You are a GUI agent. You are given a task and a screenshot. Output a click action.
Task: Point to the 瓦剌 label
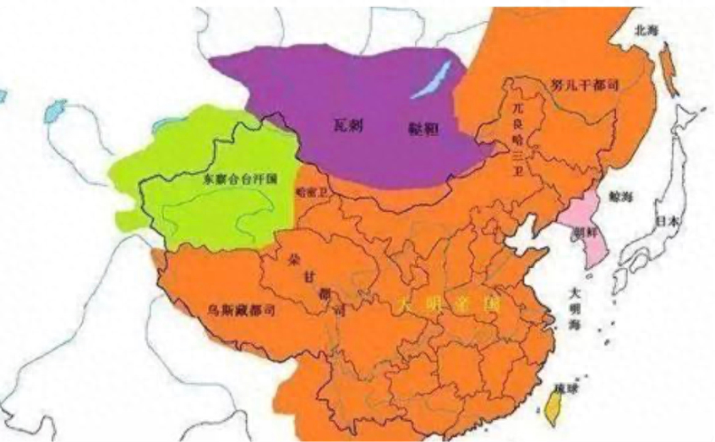[x=343, y=124]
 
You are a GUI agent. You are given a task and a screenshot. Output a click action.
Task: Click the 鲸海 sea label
[x=619, y=196]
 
